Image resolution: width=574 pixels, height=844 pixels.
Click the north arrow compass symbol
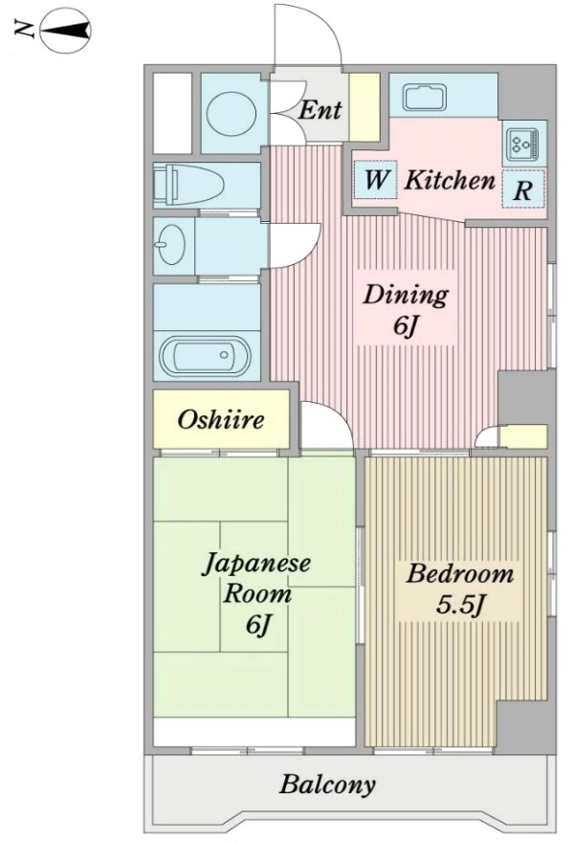point(65,31)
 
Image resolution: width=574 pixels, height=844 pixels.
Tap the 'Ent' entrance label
point(320,110)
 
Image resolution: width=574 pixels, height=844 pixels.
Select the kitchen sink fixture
point(425,98)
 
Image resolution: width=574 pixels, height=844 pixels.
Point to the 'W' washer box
point(375,180)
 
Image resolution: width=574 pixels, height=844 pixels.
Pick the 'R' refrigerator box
point(523,189)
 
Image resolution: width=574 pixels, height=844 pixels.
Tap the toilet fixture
point(188,184)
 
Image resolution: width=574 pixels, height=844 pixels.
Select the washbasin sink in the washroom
point(172,244)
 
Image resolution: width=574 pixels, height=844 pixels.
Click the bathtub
point(206,355)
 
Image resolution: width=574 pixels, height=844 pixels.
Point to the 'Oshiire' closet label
point(221,419)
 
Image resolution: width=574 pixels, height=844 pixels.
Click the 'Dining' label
point(406,295)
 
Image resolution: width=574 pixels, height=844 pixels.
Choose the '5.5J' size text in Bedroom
point(460,605)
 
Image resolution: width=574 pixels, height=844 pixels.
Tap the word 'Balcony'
point(327,785)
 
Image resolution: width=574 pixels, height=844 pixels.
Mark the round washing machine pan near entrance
point(232,112)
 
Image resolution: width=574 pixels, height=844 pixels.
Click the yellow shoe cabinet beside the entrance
point(364,107)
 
